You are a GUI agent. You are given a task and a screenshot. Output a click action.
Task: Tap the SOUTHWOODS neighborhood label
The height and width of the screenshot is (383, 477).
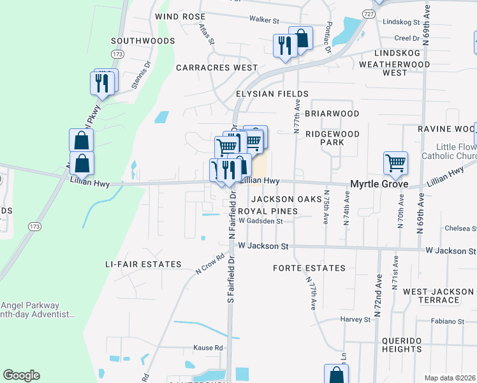[x=143, y=41]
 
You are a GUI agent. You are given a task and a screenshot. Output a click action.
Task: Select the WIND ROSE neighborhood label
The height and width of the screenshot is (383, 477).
[x=180, y=17]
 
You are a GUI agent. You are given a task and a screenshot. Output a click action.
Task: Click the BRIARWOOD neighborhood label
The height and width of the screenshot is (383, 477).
[x=332, y=114]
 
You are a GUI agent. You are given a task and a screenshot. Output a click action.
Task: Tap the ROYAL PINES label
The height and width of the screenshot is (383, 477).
[x=268, y=211]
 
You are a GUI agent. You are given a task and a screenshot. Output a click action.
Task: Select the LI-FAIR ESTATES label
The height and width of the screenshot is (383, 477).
[x=143, y=264]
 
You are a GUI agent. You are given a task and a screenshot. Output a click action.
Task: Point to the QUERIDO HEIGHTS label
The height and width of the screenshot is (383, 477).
[x=411, y=345]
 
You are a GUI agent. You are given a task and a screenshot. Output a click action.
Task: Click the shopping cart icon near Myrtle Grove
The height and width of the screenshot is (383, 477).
[x=396, y=163]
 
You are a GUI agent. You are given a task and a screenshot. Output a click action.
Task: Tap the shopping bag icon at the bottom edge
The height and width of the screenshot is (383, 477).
[x=336, y=375]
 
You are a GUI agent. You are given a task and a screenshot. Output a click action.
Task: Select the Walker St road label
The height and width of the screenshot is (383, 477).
[x=265, y=20]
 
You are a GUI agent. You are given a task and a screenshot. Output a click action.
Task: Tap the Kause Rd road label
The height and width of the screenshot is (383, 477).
[x=209, y=348]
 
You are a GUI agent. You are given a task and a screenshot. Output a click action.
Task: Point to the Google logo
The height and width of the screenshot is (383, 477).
[x=21, y=375]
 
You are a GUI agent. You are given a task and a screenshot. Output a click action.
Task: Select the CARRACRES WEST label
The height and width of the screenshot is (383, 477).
[x=217, y=67]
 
